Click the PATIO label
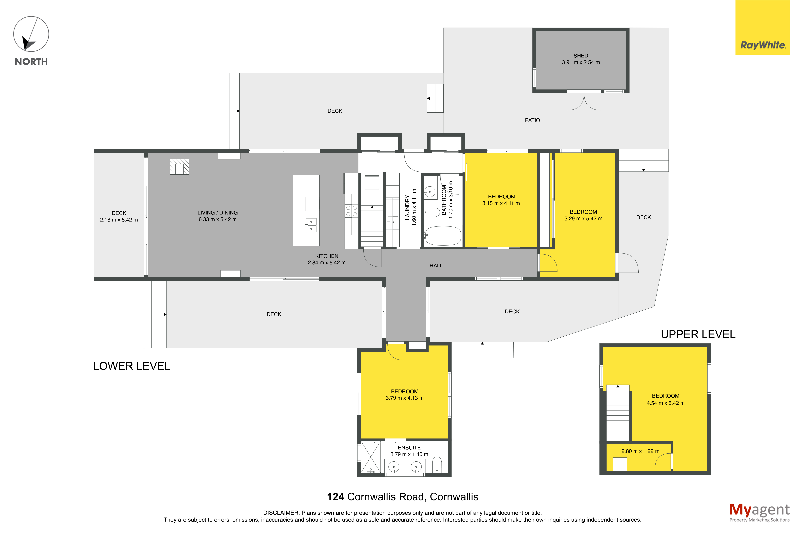coord(532,120)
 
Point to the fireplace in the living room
coord(179,167)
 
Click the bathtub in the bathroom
coord(443,236)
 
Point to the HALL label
coord(436,266)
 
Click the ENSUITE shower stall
coord(371,457)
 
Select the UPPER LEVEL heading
coord(698,334)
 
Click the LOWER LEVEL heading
coord(131,366)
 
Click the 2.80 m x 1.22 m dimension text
coord(640,451)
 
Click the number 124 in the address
coord(335,497)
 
